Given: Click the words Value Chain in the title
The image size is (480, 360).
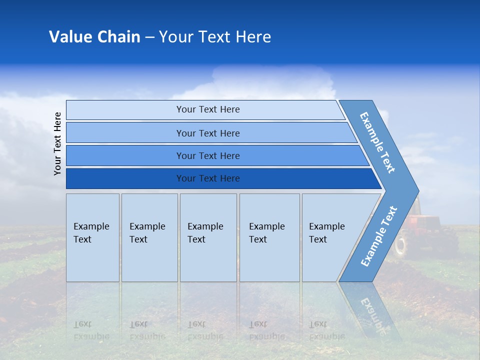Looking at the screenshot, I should point(94,37).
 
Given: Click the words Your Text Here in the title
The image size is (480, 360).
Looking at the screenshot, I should point(215,37).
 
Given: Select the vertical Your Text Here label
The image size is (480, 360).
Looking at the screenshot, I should point(58,143).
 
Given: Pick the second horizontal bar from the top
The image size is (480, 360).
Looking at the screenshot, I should point(207,133).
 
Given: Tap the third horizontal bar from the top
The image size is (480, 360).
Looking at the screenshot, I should point(207,155).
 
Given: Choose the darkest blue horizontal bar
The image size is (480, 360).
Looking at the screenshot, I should point(207,178).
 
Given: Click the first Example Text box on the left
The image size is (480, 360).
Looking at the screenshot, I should point(92,237).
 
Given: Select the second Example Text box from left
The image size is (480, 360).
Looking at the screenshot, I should point(149,237).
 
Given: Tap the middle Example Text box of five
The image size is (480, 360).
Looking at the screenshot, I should point(208,237).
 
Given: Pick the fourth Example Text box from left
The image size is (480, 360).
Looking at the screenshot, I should point(269,237).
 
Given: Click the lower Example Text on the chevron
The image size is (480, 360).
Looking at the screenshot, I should point(378,236).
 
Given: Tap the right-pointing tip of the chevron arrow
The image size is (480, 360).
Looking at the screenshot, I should point(416,190).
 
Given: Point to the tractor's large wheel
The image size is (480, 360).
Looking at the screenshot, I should point(400,246).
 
